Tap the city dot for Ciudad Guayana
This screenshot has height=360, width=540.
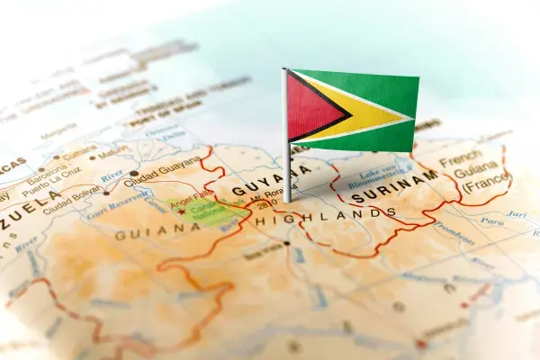134,173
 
